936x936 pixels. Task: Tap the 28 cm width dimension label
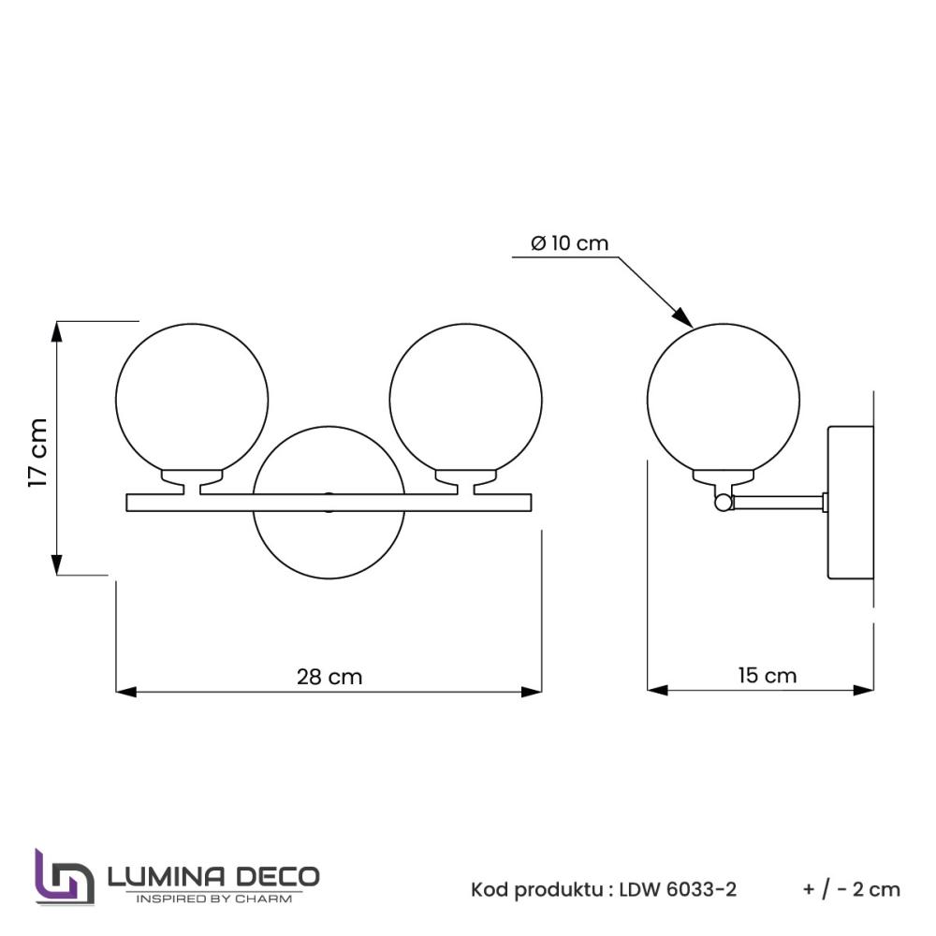329,676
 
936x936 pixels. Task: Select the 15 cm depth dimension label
767,675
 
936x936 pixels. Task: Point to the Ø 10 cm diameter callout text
569,243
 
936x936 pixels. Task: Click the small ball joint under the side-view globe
723,504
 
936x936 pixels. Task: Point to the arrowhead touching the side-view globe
685,318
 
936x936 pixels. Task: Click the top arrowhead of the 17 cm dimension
58,329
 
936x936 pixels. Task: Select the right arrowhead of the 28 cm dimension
534,692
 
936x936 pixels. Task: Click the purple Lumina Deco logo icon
64,876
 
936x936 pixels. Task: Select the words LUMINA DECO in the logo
213,876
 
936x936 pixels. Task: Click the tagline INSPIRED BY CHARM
213,899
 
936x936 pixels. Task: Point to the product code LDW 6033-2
678,889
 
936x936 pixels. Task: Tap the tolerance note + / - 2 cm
851,889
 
